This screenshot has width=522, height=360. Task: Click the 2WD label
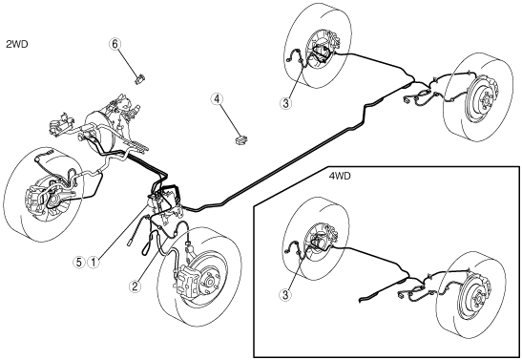16,44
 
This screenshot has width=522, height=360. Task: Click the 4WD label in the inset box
340,176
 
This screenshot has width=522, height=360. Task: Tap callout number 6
115,44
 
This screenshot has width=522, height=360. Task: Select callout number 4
217,99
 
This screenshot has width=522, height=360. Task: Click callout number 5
79,262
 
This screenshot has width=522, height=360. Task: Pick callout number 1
94,262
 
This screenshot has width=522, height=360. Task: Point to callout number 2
135,286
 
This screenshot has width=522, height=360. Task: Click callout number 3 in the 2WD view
285,103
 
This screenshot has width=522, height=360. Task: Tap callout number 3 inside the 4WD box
285,294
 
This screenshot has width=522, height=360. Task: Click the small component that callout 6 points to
140,79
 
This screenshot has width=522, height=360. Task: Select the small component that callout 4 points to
241,139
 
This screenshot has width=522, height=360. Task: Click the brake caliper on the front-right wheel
187,278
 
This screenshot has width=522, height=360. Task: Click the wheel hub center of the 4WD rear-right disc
476,296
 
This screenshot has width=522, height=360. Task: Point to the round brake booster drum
100,130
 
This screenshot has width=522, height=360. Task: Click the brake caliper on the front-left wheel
34,201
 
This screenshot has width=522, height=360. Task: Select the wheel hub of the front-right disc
210,282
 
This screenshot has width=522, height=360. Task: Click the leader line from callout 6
128,62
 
